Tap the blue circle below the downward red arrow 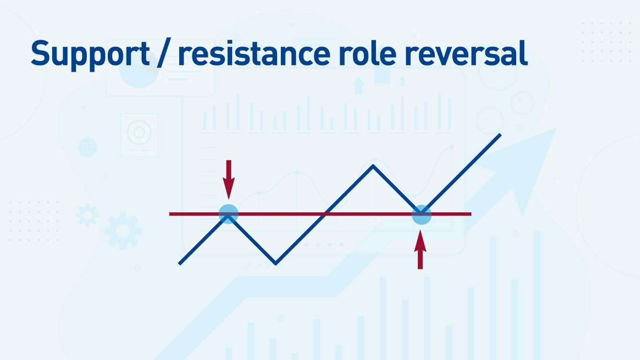(229, 214)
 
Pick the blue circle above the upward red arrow (421, 215)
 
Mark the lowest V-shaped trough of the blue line (276, 263)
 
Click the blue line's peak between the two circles (373, 165)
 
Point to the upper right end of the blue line (500, 135)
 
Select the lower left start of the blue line (180, 263)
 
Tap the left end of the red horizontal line (171, 214)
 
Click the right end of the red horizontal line (470, 214)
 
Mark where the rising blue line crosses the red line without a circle (324, 214)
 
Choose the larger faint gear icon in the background (122, 231)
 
